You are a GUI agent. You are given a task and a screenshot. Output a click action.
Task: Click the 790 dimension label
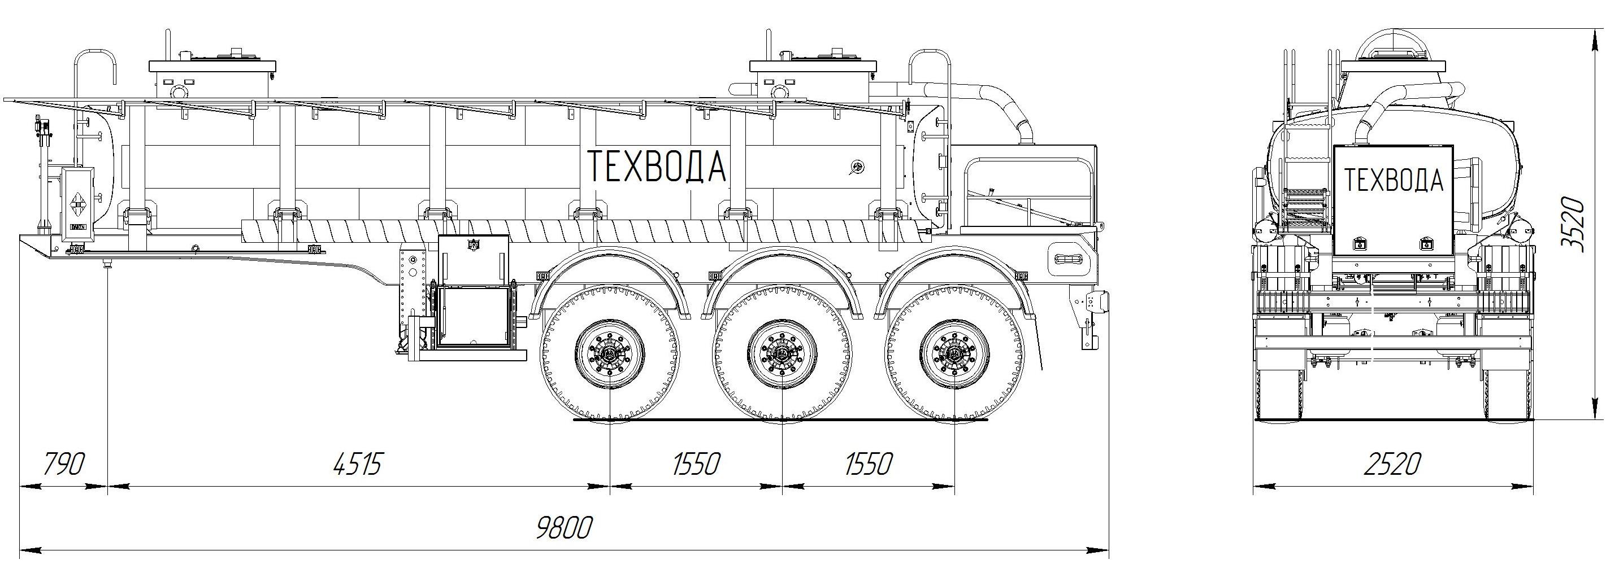click(x=63, y=465)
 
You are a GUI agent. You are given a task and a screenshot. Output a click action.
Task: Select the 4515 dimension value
click(x=357, y=465)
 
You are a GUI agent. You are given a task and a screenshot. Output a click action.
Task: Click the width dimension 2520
click(x=1391, y=465)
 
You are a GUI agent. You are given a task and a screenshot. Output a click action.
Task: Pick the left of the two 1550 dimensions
click(x=696, y=465)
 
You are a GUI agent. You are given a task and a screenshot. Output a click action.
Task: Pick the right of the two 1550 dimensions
click(x=869, y=465)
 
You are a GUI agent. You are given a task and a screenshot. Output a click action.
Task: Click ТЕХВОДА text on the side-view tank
click(x=657, y=167)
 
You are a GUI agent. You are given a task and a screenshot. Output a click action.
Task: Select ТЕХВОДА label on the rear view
click(x=1393, y=180)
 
